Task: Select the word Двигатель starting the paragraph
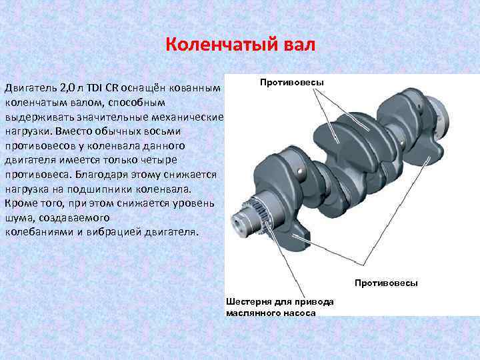(x=31, y=88)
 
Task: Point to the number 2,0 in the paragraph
(x=68, y=88)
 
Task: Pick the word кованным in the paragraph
(x=193, y=88)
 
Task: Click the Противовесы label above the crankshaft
(x=292, y=83)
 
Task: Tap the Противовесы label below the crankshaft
(x=386, y=283)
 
